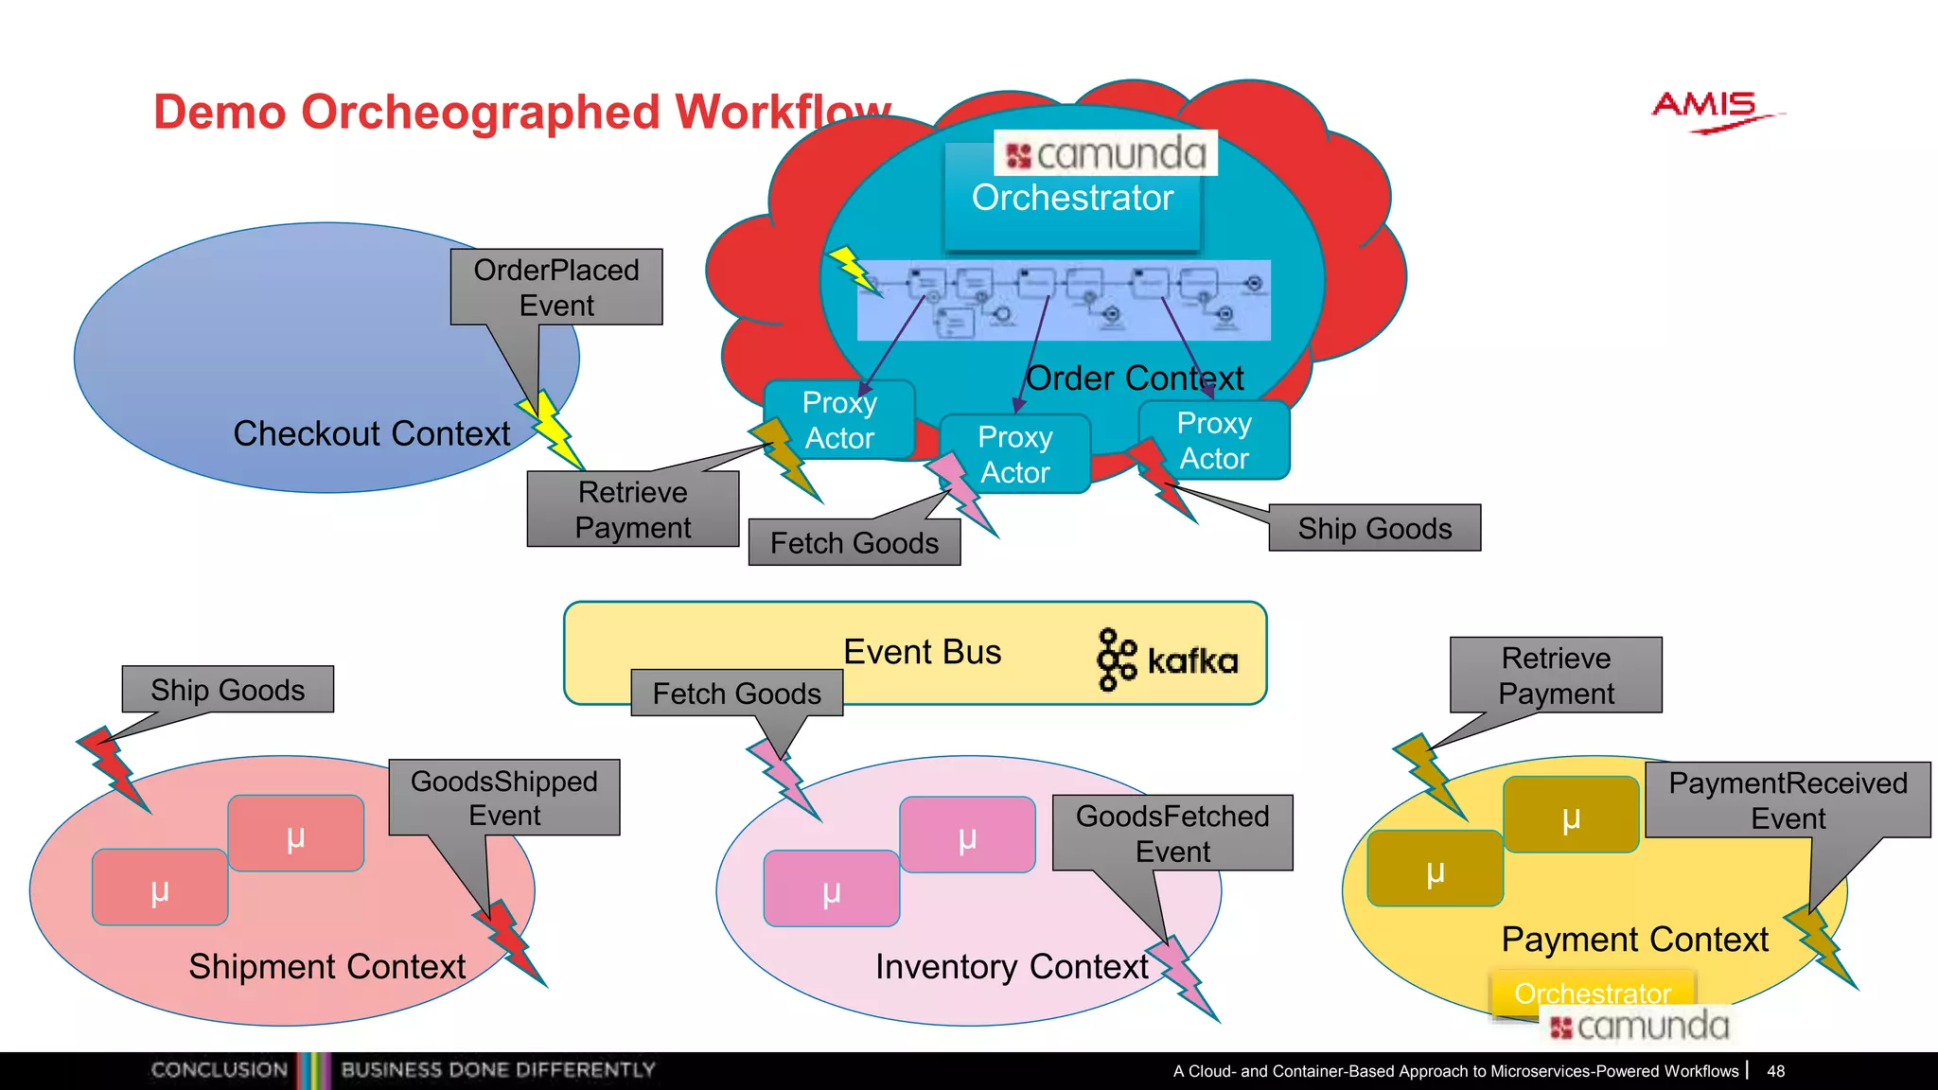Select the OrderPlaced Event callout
(556, 288)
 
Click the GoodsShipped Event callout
(504, 798)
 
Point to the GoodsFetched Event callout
(1172, 833)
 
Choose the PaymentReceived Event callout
(1788, 800)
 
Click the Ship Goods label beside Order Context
(1374, 528)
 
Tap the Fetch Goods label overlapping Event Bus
(736, 694)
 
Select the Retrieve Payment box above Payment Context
(1556, 675)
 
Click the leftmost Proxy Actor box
(839, 420)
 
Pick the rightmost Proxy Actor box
(1214, 440)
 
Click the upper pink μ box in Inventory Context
(967, 835)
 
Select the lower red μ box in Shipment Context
(160, 888)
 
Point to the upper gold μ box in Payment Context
(1571, 815)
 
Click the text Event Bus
(922, 652)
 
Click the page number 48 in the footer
(1775, 1071)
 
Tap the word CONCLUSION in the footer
(220, 1070)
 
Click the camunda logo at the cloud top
(1105, 153)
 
